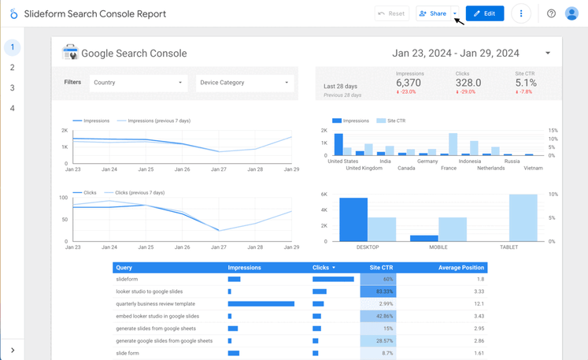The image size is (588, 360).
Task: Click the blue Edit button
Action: pyautogui.click(x=484, y=13)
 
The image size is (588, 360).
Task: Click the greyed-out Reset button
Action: pyautogui.click(x=391, y=13)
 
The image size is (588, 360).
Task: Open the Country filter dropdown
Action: pyautogui.click(x=138, y=83)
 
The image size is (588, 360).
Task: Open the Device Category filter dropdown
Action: pyautogui.click(x=244, y=83)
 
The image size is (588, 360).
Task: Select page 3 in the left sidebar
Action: pyautogui.click(x=12, y=88)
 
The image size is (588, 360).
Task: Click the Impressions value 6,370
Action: pyautogui.click(x=409, y=83)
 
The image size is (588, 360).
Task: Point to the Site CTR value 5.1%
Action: pyautogui.click(x=525, y=83)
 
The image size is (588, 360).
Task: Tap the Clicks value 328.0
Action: pyautogui.click(x=468, y=83)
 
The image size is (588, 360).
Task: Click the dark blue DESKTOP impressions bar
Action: pyautogui.click(x=353, y=219)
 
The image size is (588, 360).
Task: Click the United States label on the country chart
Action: pyautogui.click(x=342, y=161)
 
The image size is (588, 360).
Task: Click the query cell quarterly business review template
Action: pyautogui.click(x=155, y=304)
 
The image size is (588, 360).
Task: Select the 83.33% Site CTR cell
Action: pyautogui.click(x=378, y=291)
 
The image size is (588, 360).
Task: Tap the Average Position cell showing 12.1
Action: pyautogui.click(x=479, y=304)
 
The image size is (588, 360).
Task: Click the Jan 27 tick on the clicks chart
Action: pyautogui.click(x=218, y=247)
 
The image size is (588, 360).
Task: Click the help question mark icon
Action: pyautogui.click(x=551, y=13)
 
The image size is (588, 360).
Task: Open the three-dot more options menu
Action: pyautogui.click(x=520, y=13)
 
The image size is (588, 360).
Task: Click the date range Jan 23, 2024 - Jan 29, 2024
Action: pyautogui.click(x=456, y=54)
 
